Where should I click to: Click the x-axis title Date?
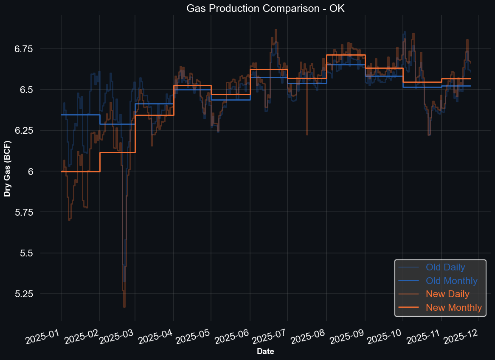[x=265, y=352]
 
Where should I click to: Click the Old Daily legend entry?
[x=445, y=267]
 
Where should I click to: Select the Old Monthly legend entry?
[x=452, y=281]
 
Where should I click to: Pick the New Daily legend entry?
[x=447, y=294]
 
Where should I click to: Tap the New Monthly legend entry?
[x=454, y=307]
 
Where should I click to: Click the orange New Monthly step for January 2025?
[x=81, y=172]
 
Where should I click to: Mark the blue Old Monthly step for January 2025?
[x=81, y=115]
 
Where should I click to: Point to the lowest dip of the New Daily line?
[x=124, y=307]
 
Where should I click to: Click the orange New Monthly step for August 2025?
[x=346, y=55]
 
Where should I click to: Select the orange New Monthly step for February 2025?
[x=118, y=152]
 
